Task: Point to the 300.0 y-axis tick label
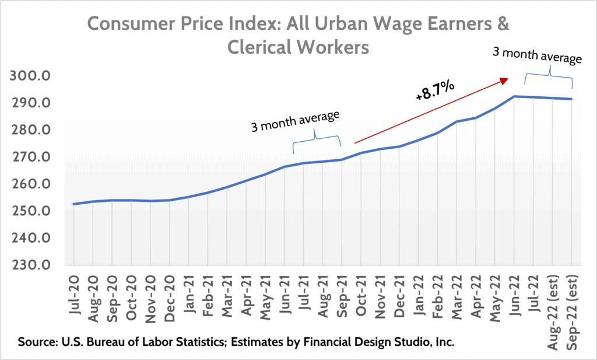(37, 76)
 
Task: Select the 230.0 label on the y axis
(37, 265)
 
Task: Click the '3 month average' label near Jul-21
(295, 120)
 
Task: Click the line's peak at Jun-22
(514, 96)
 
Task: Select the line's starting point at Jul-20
(74, 204)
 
